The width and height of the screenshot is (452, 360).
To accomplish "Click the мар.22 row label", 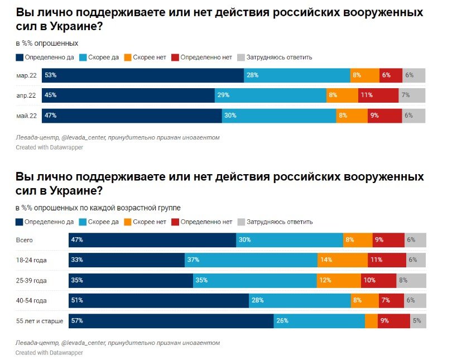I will click(27, 75).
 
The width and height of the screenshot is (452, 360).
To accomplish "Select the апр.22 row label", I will click(27, 95).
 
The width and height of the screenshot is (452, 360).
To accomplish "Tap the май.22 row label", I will click(27, 116).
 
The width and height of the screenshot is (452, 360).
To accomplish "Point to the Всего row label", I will click(25, 240).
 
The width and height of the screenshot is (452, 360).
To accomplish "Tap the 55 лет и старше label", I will click(39, 321).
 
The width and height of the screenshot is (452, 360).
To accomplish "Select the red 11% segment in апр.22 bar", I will click(378, 95).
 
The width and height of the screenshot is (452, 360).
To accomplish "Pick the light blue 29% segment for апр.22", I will click(271, 95).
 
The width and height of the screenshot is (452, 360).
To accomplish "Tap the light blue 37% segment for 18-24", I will click(251, 260).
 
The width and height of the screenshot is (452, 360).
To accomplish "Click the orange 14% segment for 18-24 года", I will click(343, 260).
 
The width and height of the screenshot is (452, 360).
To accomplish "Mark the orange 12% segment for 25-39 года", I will click(339, 280).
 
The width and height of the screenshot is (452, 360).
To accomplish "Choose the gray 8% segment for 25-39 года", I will click(411, 280).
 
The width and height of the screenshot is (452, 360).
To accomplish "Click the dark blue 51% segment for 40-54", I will click(158, 300).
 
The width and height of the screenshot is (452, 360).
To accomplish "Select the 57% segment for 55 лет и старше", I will click(171, 321).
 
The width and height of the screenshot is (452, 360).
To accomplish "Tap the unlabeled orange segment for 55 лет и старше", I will click(371, 321).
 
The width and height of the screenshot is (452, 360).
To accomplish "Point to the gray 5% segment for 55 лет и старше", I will click(418, 321).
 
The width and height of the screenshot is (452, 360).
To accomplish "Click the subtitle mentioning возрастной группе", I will click(98, 208).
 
